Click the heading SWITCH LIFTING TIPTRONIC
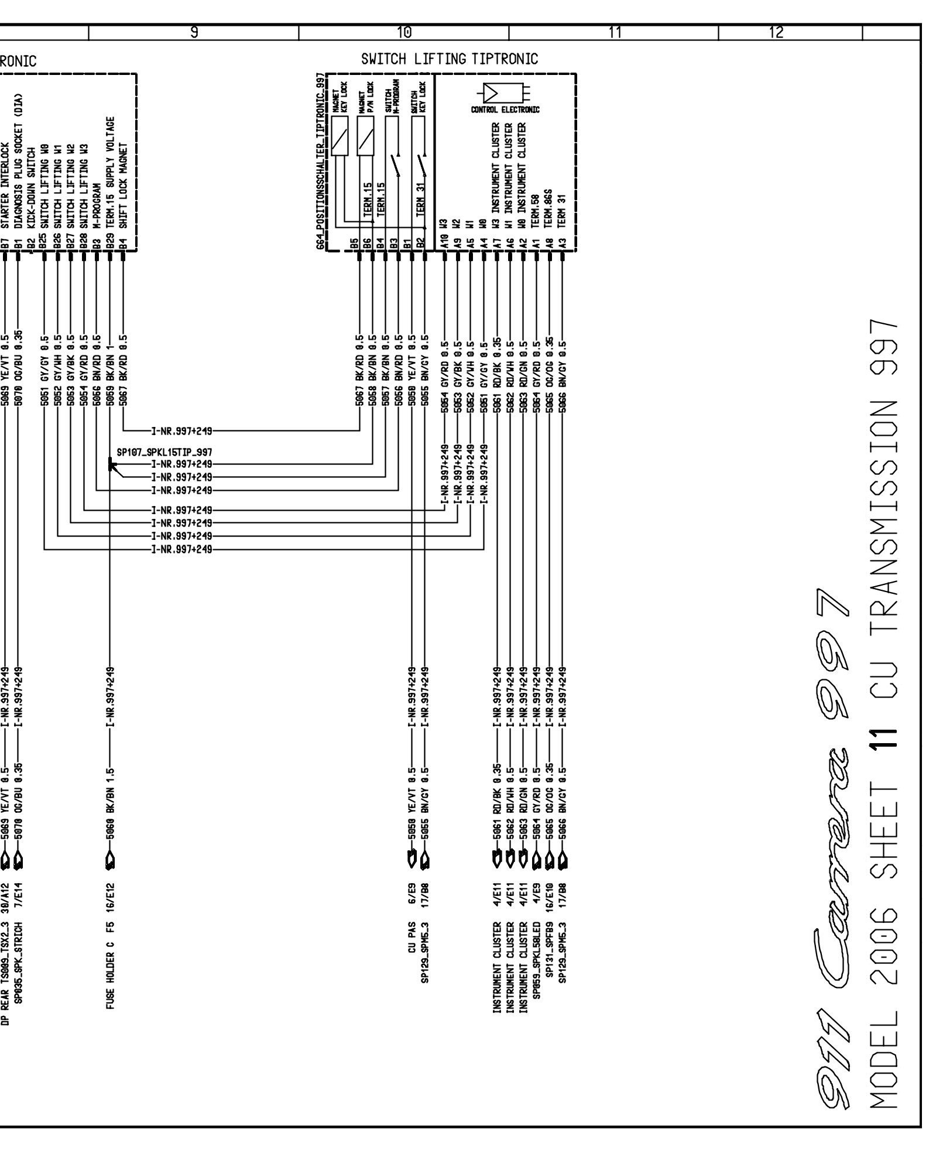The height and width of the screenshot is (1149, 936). (x=449, y=59)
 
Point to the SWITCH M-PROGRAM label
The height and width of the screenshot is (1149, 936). (x=392, y=94)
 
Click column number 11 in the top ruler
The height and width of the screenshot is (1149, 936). (x=614, y=33)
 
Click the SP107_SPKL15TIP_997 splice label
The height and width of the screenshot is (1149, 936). (x=164, y=452)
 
